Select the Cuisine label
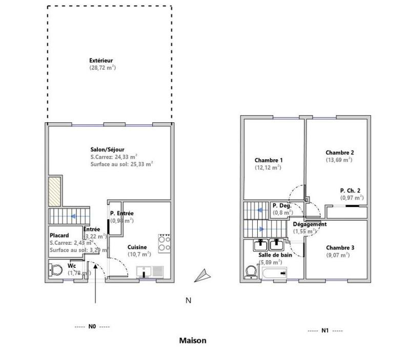(137, 247)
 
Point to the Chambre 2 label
(340, 152)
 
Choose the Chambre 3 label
(340, 247)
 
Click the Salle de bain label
(272, 255)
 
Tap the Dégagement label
(310, 224)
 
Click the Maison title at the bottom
(193, 340)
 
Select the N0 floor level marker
(92, 326)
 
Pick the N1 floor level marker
(325, 330)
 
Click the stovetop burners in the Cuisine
(165, 243)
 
